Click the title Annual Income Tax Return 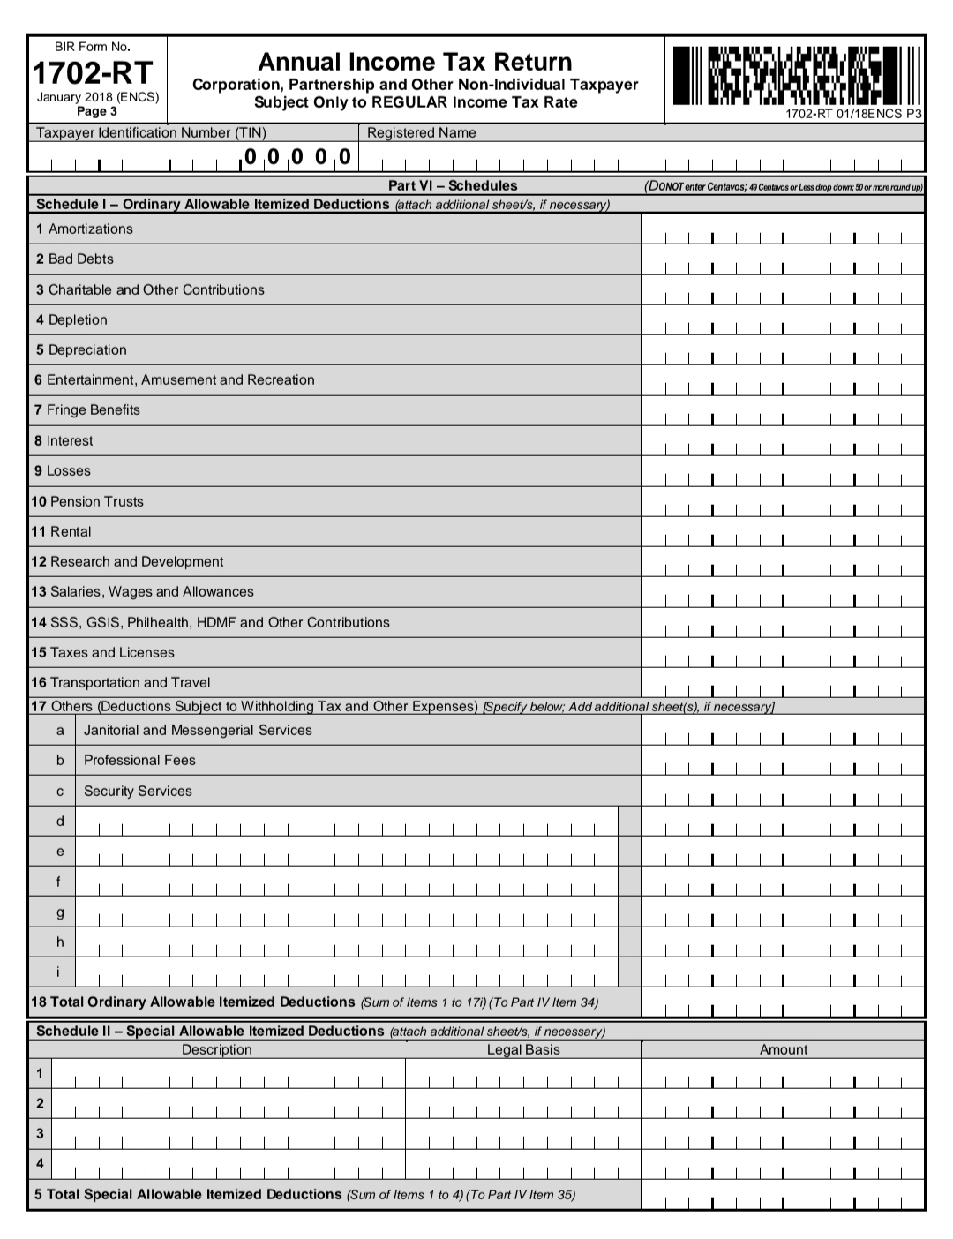click(x=415, y=62)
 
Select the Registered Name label click(x=421, y=133)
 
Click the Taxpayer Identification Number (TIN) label click(x=151, y=133)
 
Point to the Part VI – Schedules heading click(x=453, y=185)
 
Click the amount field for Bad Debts click(x=783, y=261)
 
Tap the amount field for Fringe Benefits click(x=783, y=412)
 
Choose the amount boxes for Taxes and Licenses click(x=783, y=655)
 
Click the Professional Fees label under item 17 click(x=139, y=761)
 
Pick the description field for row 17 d click(x=347, y=823)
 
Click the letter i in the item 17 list click(x=59, y=972)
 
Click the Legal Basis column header click(x=523, y=1050)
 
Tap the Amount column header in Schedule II click(x=783, y=1050)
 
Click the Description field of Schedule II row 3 click(x=229, y=1135)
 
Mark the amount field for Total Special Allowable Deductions click(x=783, y=1197)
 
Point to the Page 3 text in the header click(x=97, y=111)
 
